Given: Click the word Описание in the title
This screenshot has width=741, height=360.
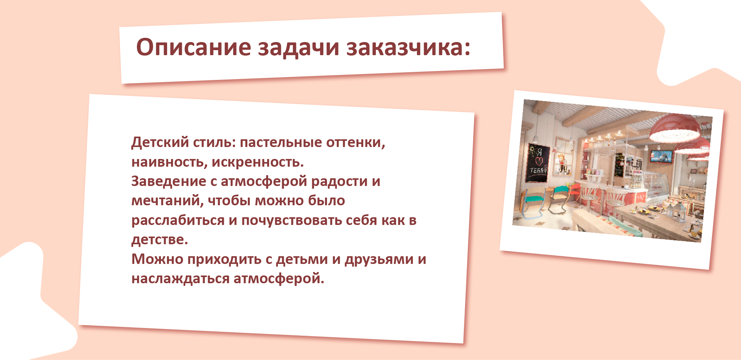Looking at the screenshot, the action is pos(193,47).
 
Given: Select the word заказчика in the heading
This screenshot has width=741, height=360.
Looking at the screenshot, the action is pos(408,47).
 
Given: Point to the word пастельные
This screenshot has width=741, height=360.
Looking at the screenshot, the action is pos(281,142).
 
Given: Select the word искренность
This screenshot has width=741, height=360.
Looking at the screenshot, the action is pos(258,162).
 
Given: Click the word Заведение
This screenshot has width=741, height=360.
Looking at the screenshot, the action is pos(169,181).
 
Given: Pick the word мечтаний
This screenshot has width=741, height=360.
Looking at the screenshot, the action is pos(167,201).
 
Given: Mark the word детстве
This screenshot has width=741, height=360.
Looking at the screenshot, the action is pos(160,240).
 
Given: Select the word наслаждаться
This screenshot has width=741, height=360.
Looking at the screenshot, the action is pos(180,279).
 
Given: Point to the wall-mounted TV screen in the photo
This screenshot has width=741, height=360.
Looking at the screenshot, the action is pos(661,156).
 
